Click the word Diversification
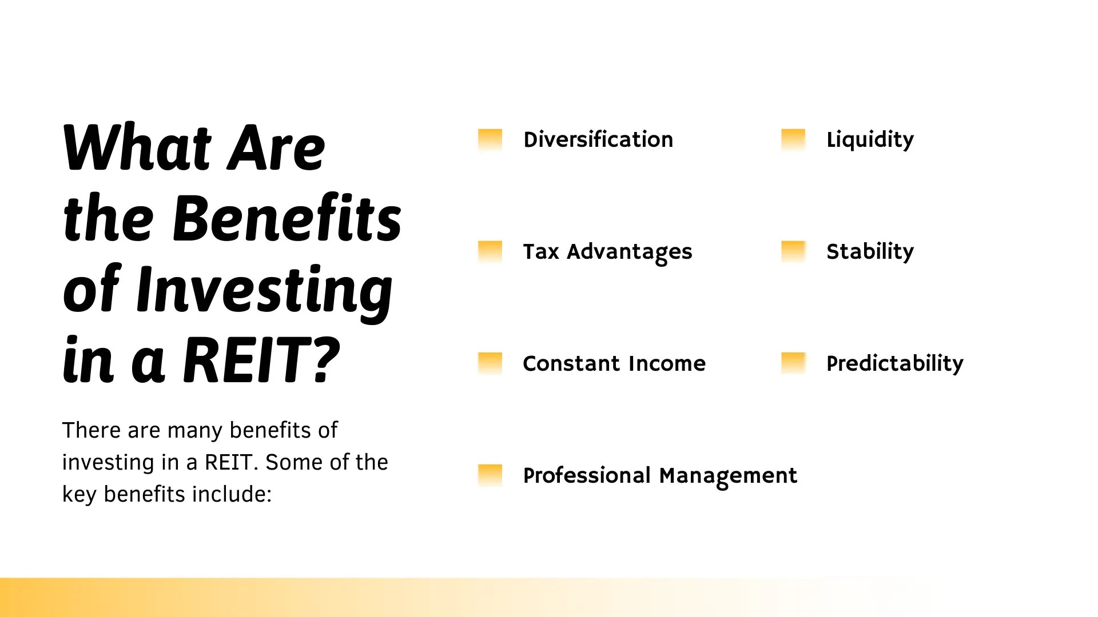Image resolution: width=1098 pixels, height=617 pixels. (x=598, y=140)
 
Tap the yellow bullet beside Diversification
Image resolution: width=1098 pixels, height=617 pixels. (x=490, y=139)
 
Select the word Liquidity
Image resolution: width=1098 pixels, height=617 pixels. (x=870, y=140)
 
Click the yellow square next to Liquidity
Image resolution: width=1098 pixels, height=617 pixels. (x=793, y=139)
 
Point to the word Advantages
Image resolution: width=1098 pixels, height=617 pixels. (x=629, y=252)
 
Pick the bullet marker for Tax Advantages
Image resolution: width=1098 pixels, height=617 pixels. (x=490, y=251)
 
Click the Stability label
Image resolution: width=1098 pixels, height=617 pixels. (x=870, y=252)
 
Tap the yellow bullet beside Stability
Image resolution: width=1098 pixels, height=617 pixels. (x=793, y=251)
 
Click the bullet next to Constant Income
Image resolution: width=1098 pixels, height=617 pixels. (x=490, y=363)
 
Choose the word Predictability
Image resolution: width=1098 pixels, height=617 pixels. (x=895, y=364)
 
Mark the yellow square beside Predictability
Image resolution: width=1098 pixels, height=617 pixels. (x=793, y=363)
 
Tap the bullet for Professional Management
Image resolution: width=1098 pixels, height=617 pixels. (x=490, y=475)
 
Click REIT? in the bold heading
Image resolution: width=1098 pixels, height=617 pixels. (x=262, y=360)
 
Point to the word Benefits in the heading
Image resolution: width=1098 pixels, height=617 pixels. (x=287, y=219)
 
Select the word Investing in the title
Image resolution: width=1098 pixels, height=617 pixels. (x=264, y=290)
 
